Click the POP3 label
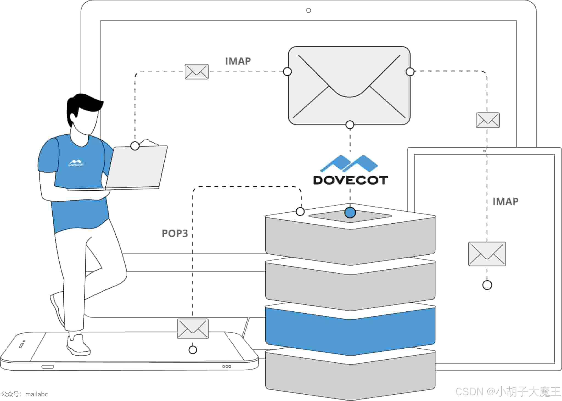[x=175, y=233]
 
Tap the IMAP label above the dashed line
[x=238, y=61]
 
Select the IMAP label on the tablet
[x=505, y=201]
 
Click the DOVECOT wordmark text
[x=350, y=180]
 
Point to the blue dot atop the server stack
[x=350, y=212]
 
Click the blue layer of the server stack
[x=350, y=332]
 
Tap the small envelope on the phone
[x=193, y=329]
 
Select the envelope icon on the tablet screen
[x=487, y=254]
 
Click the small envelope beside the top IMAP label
[x=196, y=72]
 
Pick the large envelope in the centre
[x=349, y=86]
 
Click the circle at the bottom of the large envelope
[x=350, y=125]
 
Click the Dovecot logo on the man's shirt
[x=76, y=163]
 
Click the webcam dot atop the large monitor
[x=308, y=10]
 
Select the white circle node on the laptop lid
[x=135, y=146]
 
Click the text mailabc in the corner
[x=36, y=394]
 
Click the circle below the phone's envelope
[x=193, y=350]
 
